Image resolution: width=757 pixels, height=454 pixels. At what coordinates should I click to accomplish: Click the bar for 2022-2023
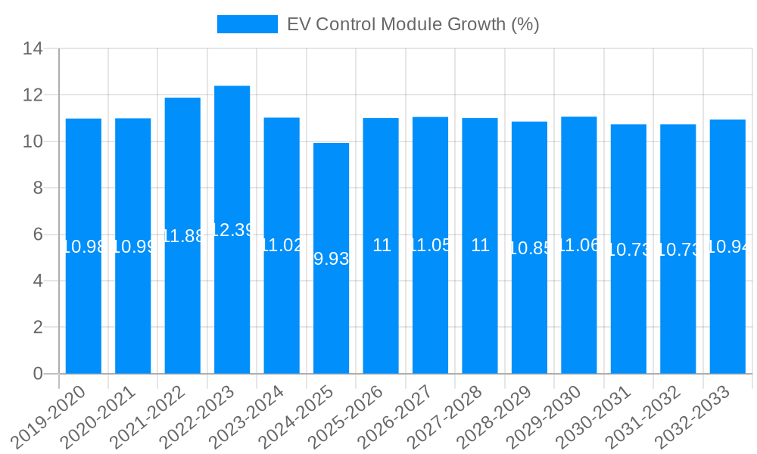pos(232,303)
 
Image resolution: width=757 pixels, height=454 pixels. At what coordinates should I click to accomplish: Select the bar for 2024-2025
pos(331,318)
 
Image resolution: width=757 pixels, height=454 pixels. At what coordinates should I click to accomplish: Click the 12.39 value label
pos(232,230)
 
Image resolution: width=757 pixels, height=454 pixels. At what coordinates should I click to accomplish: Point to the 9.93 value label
pos(331,259)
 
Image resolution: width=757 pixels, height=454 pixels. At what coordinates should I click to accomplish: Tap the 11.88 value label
pos(182,236)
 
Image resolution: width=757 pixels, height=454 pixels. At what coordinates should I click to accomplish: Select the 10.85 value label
pos(529,248)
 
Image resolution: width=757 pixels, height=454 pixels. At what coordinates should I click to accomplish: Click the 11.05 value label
pos(430,245)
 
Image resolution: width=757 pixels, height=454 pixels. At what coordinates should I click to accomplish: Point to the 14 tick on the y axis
pos(33,49)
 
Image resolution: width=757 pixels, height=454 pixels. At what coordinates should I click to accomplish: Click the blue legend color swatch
pos(248,24)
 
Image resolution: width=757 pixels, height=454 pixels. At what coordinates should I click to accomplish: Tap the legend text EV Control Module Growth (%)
pos(413,24)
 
